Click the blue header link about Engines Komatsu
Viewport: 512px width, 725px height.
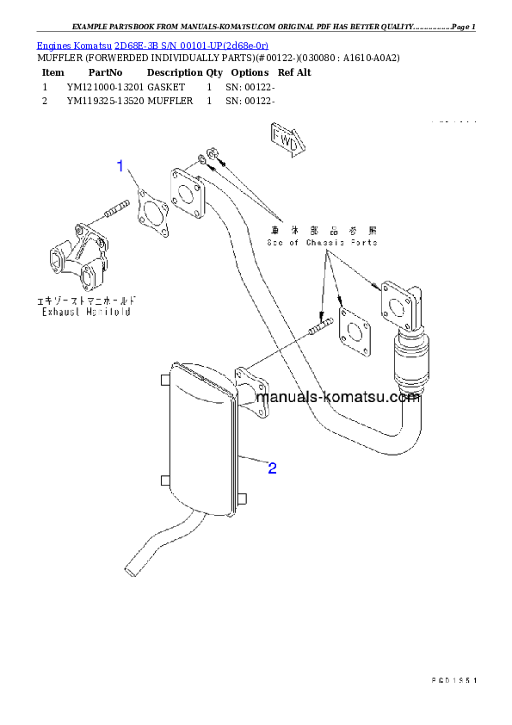click(x=152, y=45)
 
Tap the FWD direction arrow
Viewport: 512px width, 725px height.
click(x=284, y=140)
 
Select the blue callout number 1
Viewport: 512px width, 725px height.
click(x=121, y=166)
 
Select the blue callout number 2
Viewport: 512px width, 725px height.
click(x=272, y=468)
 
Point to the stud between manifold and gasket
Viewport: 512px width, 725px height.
click(x=114, y=209)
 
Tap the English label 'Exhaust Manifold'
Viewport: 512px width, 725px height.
click(x=87, y=312)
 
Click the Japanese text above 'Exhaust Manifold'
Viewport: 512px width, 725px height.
click(x=86, y=301)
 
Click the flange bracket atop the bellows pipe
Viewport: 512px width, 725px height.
click(x=401, y=304)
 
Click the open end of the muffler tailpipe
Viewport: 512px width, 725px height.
click(x=132, y=566)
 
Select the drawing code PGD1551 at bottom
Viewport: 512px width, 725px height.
click(x=453, y=680)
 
